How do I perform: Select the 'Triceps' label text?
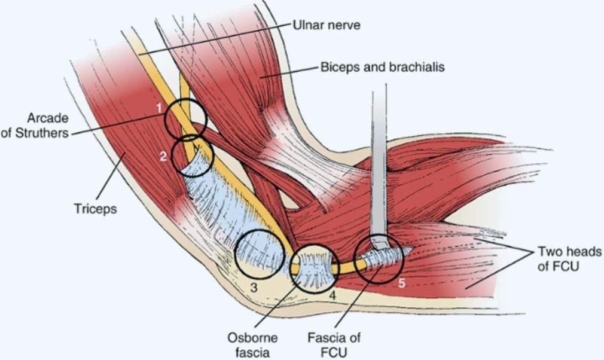tap(95, 209)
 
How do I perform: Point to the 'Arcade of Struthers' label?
tap(36, 124)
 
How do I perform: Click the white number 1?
tap(159, 108)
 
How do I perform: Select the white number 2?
tap(163, 156)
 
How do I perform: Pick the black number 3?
tap(254, 287)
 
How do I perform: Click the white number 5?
tap(401, 284)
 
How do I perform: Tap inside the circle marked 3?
tap(258, 254)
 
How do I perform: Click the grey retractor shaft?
tap(378, 161)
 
